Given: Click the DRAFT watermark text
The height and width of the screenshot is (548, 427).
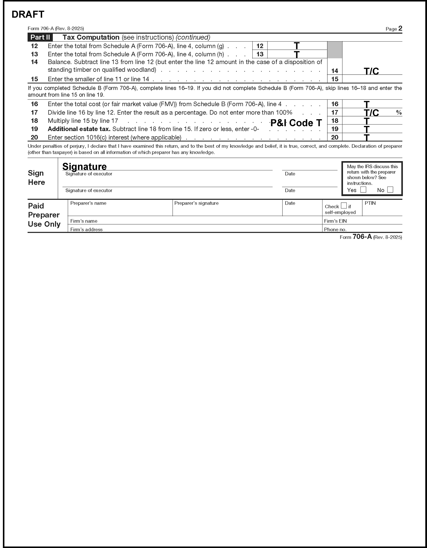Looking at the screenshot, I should point(28,15).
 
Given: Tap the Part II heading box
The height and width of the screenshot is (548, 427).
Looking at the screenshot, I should point(40,37).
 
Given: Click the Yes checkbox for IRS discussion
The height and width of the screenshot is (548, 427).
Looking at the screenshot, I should point(363,190).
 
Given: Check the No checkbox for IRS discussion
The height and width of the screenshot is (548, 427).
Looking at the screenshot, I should point(390,190).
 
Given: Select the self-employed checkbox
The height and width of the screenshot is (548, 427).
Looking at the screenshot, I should point(344,206).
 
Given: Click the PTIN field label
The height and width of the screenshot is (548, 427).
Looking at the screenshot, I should point(370,203).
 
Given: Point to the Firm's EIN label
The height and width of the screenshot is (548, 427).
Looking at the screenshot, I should point(335,221).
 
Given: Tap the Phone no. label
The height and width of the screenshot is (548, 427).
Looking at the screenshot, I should point(335,229).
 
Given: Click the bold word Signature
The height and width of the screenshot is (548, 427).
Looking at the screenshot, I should point(84,167).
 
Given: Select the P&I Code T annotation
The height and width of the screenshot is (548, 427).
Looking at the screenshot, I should point(296,123).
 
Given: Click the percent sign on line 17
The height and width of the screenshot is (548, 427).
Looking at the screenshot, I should point(399,112).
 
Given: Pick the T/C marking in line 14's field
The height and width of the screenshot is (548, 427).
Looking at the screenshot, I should point(371,71).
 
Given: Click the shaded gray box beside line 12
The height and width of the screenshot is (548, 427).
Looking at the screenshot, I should point(335,50).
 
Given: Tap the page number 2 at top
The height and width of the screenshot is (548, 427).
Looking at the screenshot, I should point(400,28).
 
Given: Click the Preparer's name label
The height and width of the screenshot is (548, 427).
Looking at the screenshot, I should point(88,203).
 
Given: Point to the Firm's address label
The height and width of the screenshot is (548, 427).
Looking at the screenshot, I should point(86,229).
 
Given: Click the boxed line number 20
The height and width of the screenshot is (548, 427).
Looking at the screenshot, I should point(335,137).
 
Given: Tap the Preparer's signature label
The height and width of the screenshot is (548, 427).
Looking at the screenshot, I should point(196,203).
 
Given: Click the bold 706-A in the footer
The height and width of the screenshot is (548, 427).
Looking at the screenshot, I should point(362,237).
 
